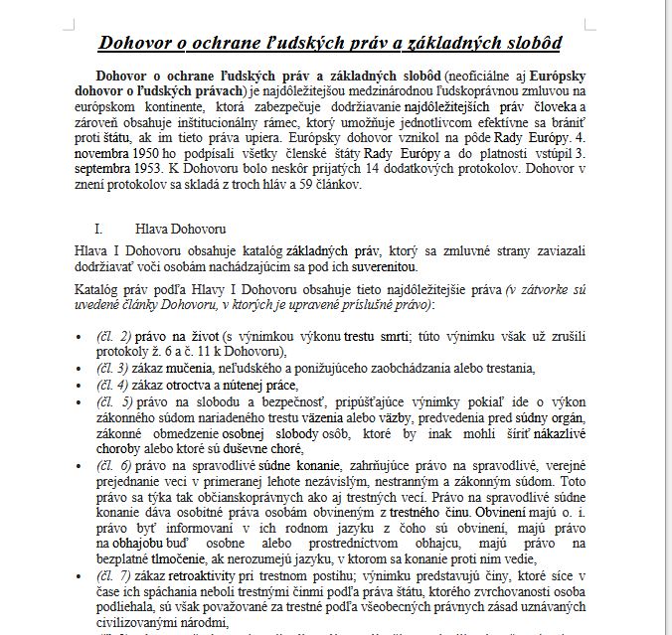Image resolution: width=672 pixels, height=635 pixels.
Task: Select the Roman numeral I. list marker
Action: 98,228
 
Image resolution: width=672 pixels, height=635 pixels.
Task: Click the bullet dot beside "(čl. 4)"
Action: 80,385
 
